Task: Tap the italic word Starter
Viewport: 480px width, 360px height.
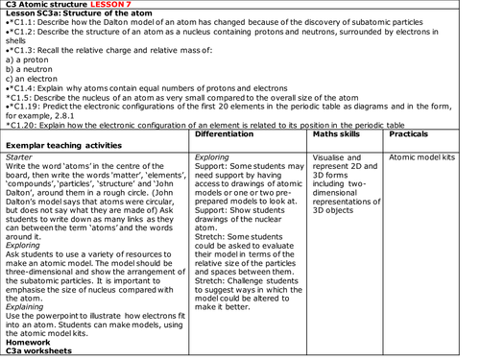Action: pos(19,156)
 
